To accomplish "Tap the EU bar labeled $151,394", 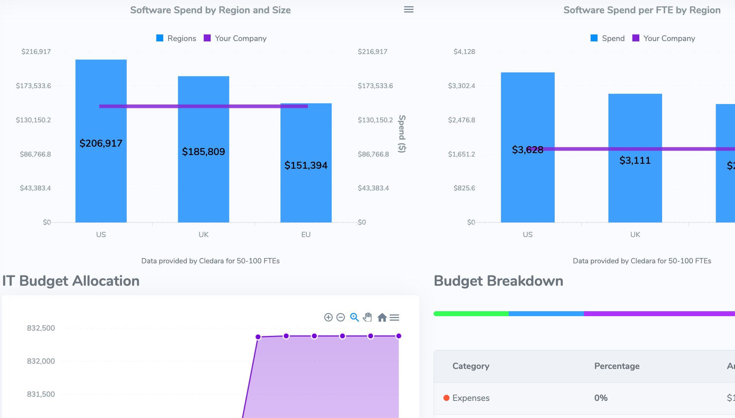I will click(306, 190).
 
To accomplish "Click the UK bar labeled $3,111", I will click(635, 182).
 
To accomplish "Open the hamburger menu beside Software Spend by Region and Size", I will click(409, 9).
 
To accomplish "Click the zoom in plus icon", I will click(328, 317).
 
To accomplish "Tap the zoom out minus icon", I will click(341, 317).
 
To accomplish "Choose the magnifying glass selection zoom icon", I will click(354, 317).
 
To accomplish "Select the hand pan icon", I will click(367, 317).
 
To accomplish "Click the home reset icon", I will click(382, 317).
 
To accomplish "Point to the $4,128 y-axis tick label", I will click(464, 52).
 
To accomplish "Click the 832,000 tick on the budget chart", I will click(41, 361).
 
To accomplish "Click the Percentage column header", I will click(617, 366).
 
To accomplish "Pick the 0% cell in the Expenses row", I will click(601, 398).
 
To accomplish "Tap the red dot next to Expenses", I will click(446, 398).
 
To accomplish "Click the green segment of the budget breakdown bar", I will click(471, 314).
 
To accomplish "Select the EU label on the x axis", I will click(306, 234).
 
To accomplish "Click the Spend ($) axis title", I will click(402, 134).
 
